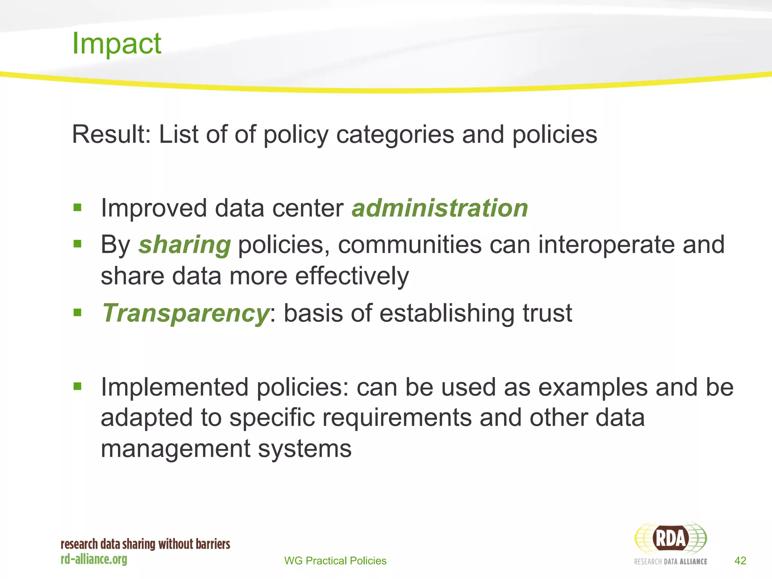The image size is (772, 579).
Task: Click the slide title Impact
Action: [x=116, y=43]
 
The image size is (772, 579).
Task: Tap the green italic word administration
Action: [x=440, y=208]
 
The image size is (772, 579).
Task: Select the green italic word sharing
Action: [x=184, y=245]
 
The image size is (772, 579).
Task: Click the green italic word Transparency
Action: [x=185, y=313]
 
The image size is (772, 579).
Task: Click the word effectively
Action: [x=352, y=276]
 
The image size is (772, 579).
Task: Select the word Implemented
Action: [x=174, y=387]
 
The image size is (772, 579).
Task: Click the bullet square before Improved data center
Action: [x=78, y=207]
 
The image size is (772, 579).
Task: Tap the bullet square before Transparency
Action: [x=78, y=312]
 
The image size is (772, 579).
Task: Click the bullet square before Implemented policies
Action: [x=78, y=386]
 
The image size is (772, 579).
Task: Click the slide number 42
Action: [x=740, y=561]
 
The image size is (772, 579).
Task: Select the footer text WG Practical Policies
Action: [x=335, y=561]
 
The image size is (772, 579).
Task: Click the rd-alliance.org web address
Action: [x=94, y=559]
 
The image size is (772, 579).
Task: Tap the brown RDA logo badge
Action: [x=670, y=538]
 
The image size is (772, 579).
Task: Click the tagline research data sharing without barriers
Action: [x=145, y=544]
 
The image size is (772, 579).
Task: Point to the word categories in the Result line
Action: [x=395, y=134]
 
